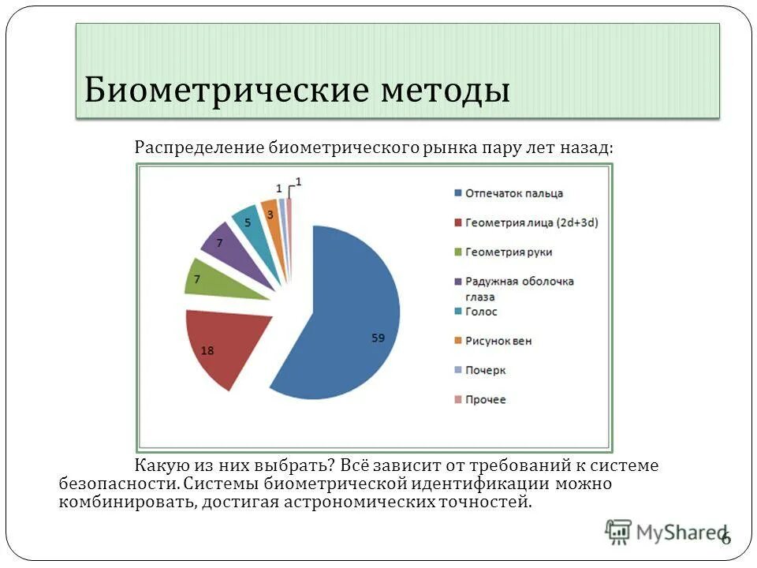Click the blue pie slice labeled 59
pos(347,316)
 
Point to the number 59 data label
pos(378,338)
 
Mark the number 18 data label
pos(207,351)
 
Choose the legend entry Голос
pos(481,312)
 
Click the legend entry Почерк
pos(485,370)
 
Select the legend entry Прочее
pos(486,400)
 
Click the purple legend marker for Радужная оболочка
pos(458,282)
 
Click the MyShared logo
pos(666,532)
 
